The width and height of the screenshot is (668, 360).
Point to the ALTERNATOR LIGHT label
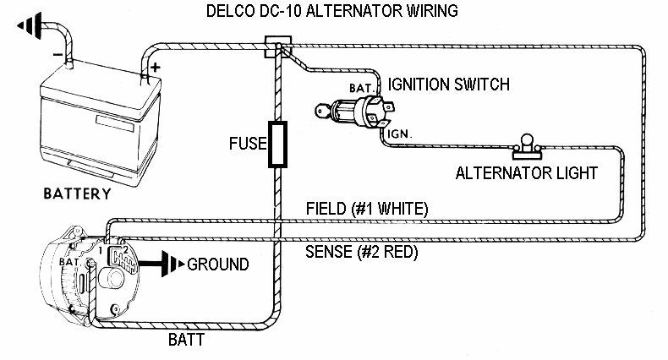click(x=527, y=173)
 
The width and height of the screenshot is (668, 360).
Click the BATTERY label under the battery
click(x=77, y=194)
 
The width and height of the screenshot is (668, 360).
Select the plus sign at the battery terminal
click(x=156, y=64)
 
